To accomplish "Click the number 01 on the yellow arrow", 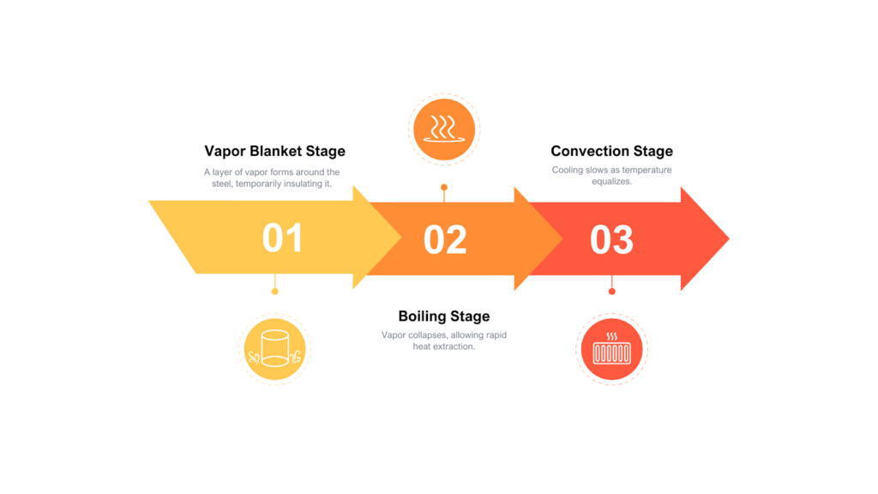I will pos(282,238).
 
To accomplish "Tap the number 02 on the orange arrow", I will pos(445,239).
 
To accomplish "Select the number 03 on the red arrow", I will pos(611,239).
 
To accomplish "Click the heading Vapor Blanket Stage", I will pos(274,151).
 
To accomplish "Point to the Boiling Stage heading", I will pos(444,317).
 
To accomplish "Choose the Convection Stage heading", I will pos(611,151).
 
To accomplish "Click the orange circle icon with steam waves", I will pos(444,130).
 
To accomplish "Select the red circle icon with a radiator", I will pos(611,349).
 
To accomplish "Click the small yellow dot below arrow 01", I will pos(274,292).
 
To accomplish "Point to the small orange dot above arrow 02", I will pos(444,187).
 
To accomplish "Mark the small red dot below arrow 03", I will pos(611,292).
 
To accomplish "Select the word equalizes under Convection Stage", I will pos(611,182).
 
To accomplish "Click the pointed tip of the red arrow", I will pos(727,238).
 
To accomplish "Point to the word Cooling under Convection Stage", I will pos(567,170).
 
